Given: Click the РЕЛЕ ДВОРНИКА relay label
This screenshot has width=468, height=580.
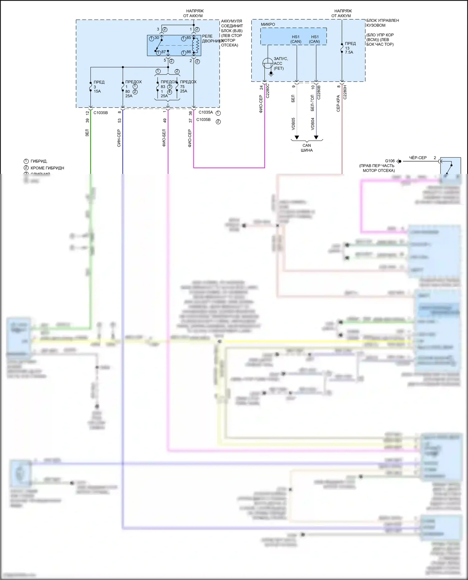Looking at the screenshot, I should [x=212, y=39].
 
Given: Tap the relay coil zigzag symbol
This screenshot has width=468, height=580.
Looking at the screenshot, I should [x=197, y=45].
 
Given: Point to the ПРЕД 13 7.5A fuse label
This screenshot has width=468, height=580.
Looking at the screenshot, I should [x=350, y=48].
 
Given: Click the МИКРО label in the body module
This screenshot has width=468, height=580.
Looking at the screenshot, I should [x=268, y=24].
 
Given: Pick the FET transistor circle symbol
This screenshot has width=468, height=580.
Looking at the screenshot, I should [x=268, y=63].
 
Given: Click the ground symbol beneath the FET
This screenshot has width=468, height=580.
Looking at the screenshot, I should [x=271, y=74].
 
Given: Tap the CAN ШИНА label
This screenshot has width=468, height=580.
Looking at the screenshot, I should [x=307, y=148].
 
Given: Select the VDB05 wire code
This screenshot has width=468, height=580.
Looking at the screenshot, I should [x=293, y=123].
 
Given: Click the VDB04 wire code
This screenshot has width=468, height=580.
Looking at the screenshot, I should [x=313, y=123].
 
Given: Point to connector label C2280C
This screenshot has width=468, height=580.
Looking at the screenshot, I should [x=267, y=91].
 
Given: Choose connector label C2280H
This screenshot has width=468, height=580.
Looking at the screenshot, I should [x=345, y=92].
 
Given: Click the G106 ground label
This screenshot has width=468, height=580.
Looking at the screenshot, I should [x=390, y=161].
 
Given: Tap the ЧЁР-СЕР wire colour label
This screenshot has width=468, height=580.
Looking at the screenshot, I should [x=418, y=158].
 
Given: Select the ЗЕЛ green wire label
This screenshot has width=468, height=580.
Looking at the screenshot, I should [x=87, y=133].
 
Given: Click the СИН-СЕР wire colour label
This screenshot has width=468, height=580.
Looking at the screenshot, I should [x=119, y=138].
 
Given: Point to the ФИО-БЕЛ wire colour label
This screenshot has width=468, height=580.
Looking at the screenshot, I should [x=164, y=138].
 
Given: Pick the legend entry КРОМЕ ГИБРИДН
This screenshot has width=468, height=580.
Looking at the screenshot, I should [x=47, y=168].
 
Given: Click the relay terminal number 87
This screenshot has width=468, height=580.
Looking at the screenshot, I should [x=163, y=52].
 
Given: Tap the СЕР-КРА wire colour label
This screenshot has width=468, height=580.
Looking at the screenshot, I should [x=339, y=103].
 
